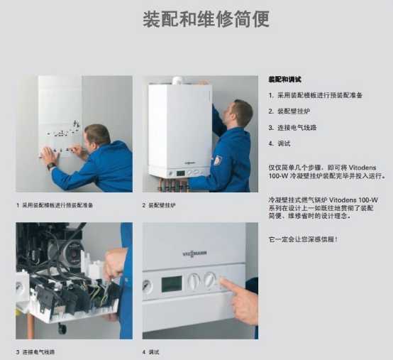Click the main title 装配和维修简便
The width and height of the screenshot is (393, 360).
[206, 19]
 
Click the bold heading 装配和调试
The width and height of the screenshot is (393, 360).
[284, 80]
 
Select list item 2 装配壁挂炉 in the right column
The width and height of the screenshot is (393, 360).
[289, 111]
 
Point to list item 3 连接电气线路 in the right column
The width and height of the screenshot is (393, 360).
[292, 127]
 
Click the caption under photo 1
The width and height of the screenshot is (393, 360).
[55, 205]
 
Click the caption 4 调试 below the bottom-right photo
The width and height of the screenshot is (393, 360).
[150, 352]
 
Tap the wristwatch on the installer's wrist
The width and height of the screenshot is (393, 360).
[51, 166]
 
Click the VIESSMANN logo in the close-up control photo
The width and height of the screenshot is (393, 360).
[195, 253]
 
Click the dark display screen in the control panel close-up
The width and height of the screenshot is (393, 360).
[172, 284]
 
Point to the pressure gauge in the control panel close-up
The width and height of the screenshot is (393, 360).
[147, 286]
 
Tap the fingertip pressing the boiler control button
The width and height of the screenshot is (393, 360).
[223, 281]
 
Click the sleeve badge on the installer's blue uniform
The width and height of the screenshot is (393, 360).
[218, 160]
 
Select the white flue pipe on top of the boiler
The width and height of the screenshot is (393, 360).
[179, 80]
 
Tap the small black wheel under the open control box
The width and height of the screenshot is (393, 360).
[62, 329]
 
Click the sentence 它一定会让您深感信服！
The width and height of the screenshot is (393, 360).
[303, 239]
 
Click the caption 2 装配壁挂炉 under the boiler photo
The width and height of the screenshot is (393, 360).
[159, 205]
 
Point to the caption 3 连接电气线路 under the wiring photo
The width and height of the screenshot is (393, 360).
[35, 352]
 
